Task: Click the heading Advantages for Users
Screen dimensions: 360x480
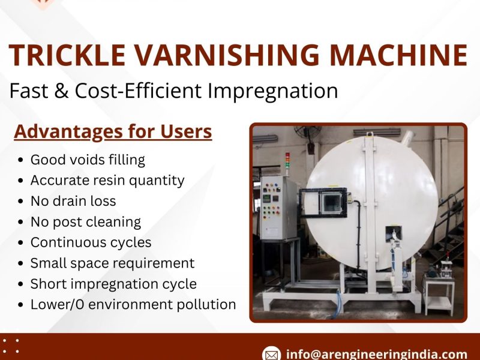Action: pyautogui.click(x=113, y=131)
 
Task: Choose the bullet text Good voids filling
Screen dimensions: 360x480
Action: pyautogui.click(x=88, y=160)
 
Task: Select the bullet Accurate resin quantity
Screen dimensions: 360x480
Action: pyautogui.click(x=107, y=180)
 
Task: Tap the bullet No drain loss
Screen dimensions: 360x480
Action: pyautogui.click(x=73, y=201)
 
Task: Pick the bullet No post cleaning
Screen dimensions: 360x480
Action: pyautogui.click(x=86, y=221)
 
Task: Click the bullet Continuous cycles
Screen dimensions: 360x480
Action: pyautogui.click(x=91, y=242)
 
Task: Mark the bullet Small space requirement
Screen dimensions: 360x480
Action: pyautogui.click(x=112, y=263)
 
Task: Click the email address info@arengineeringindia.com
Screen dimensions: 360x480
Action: pyautogui.click(x=377, y=354)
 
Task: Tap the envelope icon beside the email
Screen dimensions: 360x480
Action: pyautogui.click(x=272, y=354)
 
